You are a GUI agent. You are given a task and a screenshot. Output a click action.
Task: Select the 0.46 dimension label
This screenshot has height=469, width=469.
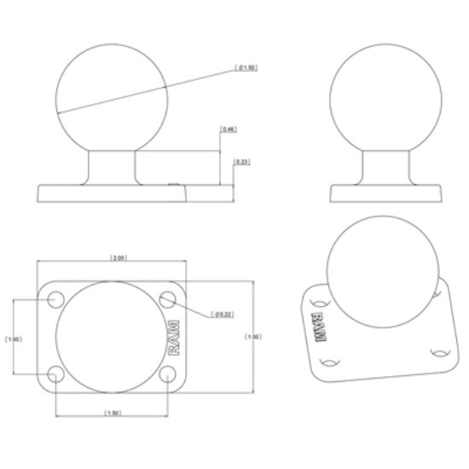coord(228,130)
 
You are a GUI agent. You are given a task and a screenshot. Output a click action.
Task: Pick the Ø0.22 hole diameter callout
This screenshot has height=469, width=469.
coord(223,315)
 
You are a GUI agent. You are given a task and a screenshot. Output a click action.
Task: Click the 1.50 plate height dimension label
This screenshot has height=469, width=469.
coord(253,337)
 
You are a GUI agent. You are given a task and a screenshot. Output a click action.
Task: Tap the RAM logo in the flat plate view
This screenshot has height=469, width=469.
coord(173,336)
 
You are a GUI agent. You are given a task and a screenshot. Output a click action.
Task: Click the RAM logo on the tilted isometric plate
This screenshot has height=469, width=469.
coord(319,327)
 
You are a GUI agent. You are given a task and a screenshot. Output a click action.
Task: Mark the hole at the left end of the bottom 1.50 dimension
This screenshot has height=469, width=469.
coord(56,374)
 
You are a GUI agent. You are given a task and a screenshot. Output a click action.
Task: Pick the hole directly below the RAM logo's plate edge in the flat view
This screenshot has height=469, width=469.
coord(168,374)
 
